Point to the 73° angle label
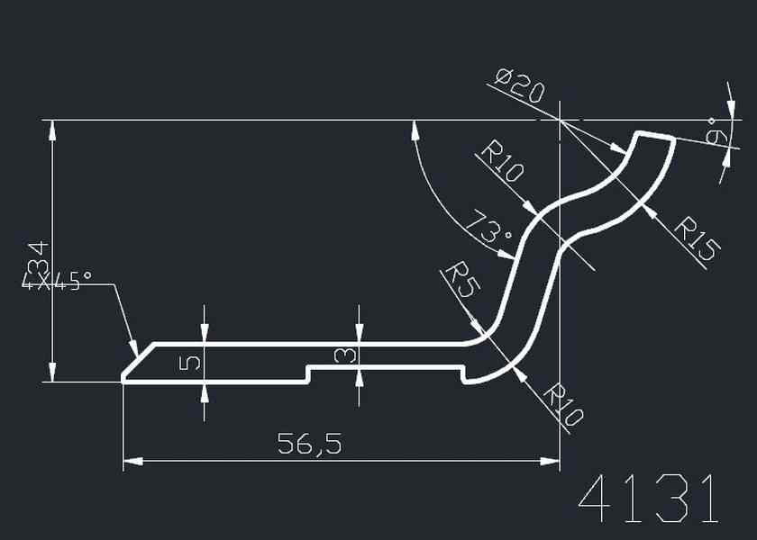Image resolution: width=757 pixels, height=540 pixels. pyautogui.click(x=488, y=229)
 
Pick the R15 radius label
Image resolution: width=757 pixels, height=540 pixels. pyautogui.click(x=697, y=238)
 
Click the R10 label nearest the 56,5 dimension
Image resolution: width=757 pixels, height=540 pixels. pyautogui.click(x=565, y=405)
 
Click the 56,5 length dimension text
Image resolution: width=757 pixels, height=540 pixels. pyautogui.click(x=308, y=443)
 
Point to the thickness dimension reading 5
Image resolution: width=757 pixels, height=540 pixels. pyautogui.click(x=191, y=363)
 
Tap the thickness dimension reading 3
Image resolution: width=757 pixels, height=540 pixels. pyautogui.click(x=344, y=355)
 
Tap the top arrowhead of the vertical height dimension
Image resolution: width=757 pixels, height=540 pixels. pyautogui.click(x=53, y=130)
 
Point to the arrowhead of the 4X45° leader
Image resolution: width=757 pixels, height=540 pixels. pyautogui.click(x=133, y=348)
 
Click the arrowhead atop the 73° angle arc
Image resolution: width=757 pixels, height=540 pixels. pyautogui.click(x=415, y=130)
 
